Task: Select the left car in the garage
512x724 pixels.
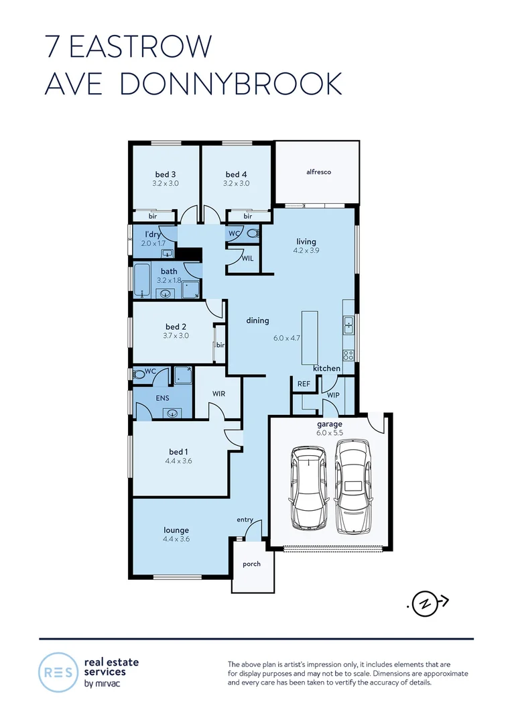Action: click(308, 488)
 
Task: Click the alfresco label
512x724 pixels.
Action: click(318, 172)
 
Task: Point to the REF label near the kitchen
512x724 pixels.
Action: click(304, 384)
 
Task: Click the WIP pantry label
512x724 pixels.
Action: click(333, 396)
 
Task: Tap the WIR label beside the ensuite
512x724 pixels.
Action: click(218, 394)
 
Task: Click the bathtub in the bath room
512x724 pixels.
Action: click(141, 281)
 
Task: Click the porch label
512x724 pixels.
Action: click(252, 564)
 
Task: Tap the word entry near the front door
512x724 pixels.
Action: click(245, 520)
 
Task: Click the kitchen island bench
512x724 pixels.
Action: click(310, 336)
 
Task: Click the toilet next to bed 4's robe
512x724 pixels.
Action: click(253, 234)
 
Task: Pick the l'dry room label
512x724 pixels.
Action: click(153, 234)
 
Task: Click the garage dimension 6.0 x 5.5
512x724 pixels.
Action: click(329, 433)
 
